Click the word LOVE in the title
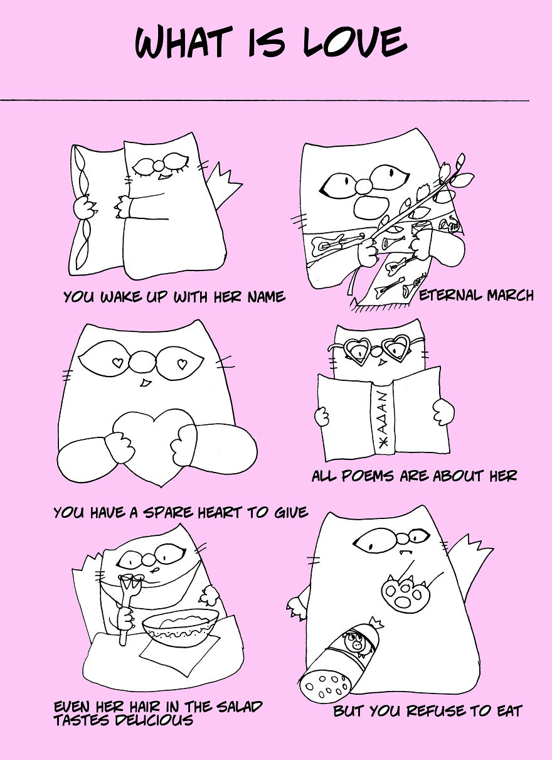tap(355, 42)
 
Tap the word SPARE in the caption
tap(169, 513)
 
